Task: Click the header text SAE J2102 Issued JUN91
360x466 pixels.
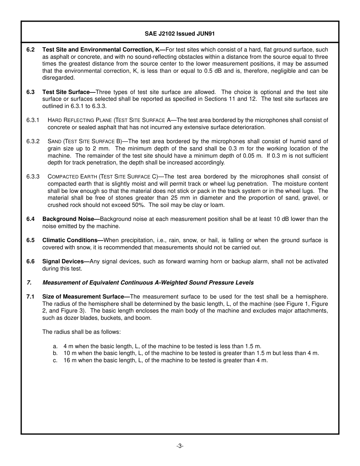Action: pos(180,33)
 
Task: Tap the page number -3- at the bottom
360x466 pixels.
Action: pos(180,446)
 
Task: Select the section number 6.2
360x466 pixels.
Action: pos(31,50)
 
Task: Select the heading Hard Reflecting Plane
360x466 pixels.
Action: pos(80,120)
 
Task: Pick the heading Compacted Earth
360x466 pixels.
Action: pos(71,177)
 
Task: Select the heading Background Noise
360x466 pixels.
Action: pos(70,219)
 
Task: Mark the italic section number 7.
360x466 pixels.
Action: pos(28,283)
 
